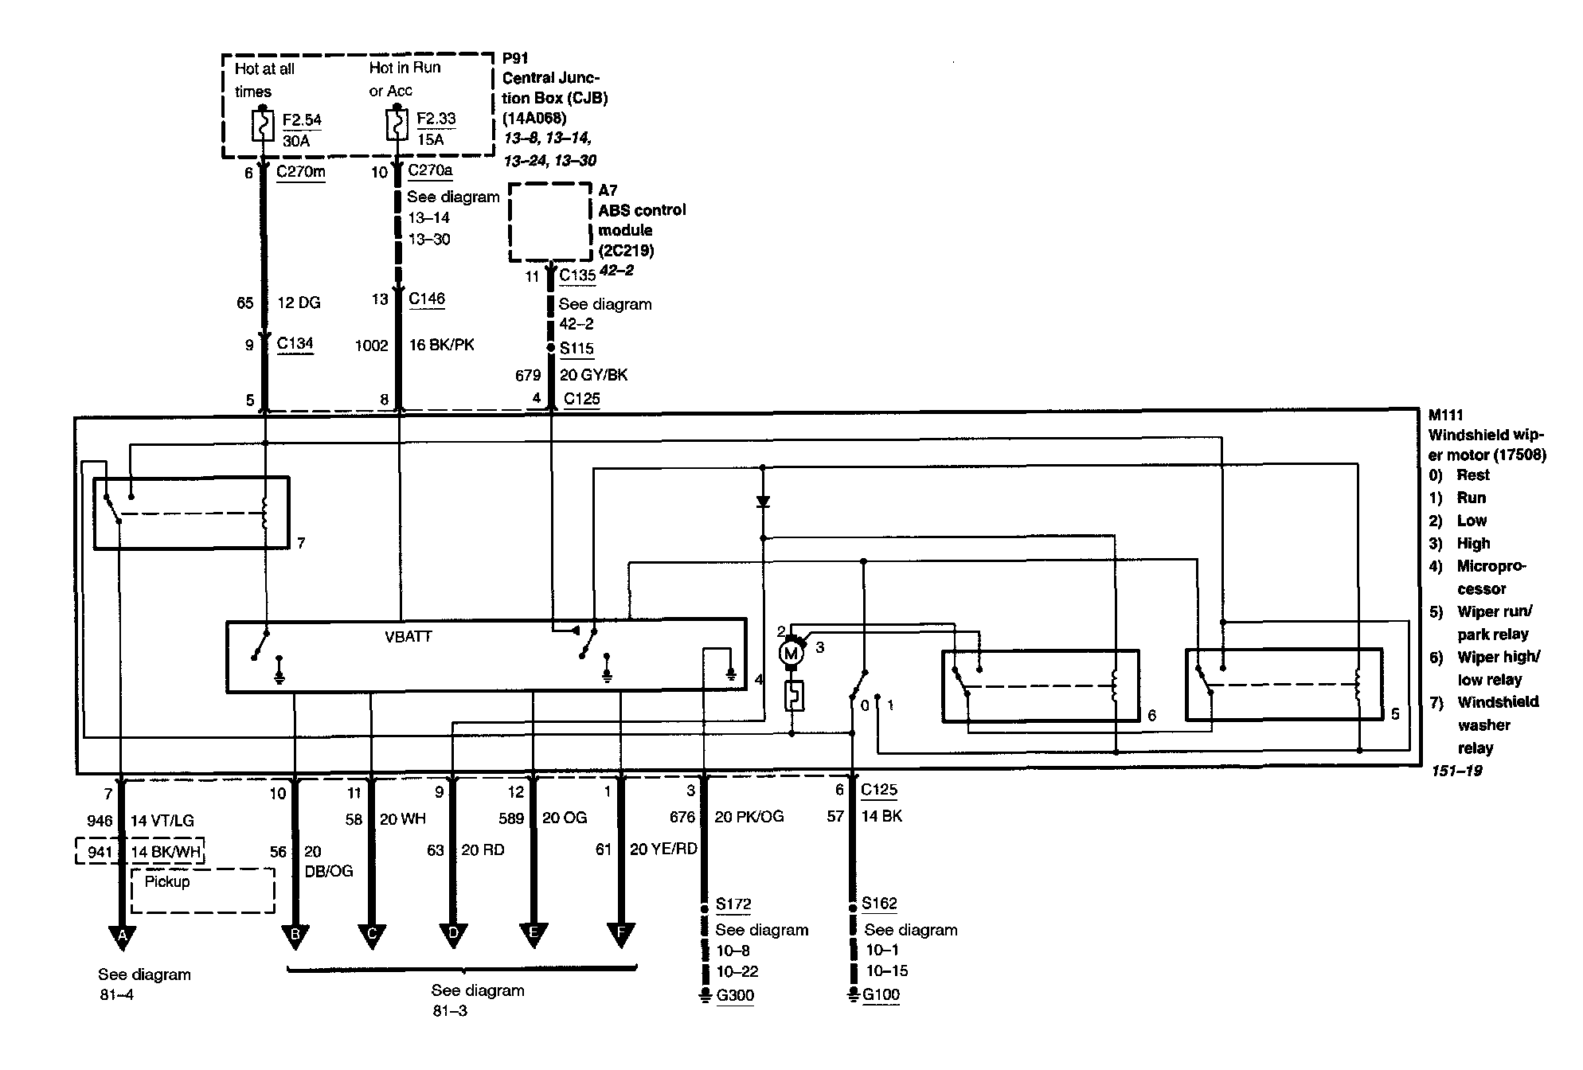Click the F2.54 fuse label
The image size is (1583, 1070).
coord(302,120)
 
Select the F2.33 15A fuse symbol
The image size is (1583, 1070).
coord(397,125)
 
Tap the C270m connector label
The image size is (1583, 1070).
coord(300,171)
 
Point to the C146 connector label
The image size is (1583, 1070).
coord(427,299)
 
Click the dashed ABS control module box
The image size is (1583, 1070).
coord(550,222)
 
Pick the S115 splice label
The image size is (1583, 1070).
coord(577,348)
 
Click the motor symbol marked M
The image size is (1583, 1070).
coord(791,654)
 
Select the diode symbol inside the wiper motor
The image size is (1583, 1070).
coord(763,502)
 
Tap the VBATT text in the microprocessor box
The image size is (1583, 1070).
coord(408,637)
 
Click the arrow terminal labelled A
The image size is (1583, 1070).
coord(122,936)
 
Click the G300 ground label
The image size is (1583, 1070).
coord(735,995)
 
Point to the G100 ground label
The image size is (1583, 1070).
coord(881,994)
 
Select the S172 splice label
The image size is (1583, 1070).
coord(733,904)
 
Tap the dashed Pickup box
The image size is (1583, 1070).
coord(202,890)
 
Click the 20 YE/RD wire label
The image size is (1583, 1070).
coord(663,849)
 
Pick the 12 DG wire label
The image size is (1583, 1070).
coord(299,303)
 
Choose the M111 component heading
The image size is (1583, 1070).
coord(1445,415)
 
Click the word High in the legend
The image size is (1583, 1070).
coord(1473,544)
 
